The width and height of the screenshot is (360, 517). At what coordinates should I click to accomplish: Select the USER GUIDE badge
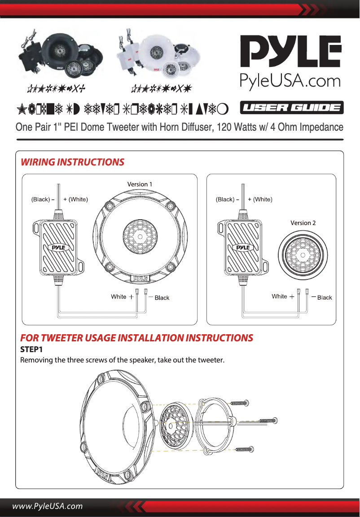[x=292, y=108]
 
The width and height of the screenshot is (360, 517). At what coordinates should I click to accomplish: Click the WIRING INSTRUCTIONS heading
[x=72, y=162]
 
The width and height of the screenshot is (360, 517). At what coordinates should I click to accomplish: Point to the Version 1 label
[x=140, y=184]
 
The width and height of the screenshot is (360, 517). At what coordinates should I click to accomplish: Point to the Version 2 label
[x=303, y=223]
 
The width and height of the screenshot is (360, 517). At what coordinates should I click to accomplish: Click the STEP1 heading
[x=31, y=349]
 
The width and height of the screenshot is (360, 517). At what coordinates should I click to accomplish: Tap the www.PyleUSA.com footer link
[x=48, y=506]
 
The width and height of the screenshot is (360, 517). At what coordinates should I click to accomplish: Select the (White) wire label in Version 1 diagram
[x=75, y=199]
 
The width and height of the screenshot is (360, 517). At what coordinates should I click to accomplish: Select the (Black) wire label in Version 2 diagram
[x=225, y=199]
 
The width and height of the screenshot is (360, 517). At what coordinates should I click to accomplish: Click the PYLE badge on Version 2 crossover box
[x=242, y=247]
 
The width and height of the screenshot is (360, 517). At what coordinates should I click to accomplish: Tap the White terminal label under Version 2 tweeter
[x=279, y=296]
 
